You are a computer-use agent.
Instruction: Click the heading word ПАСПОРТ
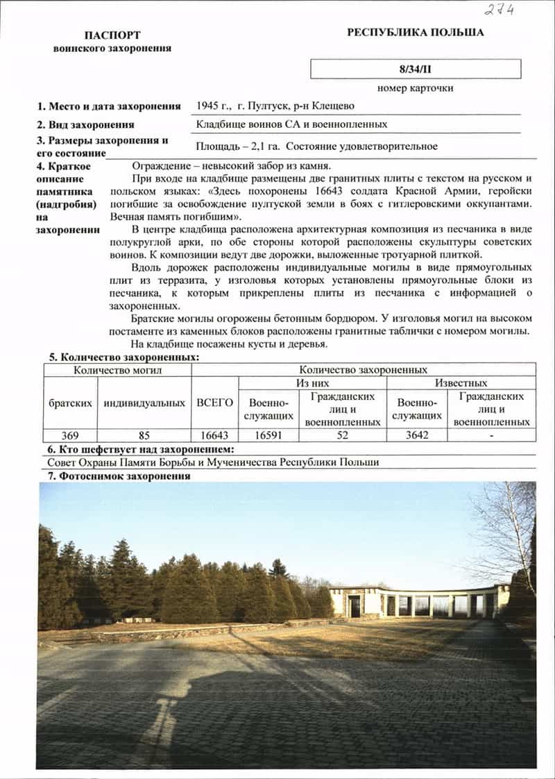[112, 35]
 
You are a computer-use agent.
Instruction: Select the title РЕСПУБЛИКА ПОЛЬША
[415, 32]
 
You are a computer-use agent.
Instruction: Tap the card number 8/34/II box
[416, 69]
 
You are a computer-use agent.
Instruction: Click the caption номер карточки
[416, 88]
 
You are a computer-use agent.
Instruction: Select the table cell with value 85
[144, 435]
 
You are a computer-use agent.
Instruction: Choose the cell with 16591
[268, 435]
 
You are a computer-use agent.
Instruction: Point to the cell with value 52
[341, 435]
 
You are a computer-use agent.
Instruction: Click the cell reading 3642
[416, 435]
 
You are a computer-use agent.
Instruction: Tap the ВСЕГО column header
[214, 403]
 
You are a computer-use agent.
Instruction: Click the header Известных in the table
[461, 383]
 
